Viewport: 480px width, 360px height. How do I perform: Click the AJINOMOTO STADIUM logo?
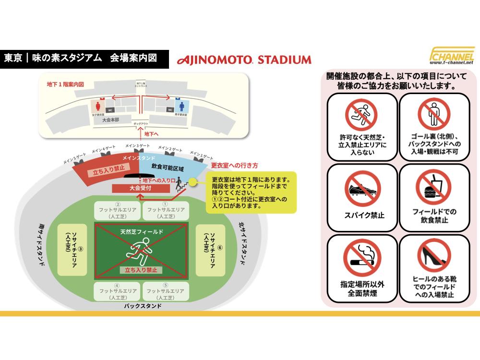tap(244, 60)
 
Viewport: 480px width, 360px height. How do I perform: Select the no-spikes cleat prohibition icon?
tap(362, 189)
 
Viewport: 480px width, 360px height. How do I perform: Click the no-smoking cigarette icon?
tap(362, 259)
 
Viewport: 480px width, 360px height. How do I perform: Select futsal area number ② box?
tap(117, 210)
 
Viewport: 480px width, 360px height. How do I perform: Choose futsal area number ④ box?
tap(117, 291)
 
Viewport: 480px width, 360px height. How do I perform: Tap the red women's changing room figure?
tap(99, 105)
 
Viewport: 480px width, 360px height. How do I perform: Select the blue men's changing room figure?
tap(182, 105)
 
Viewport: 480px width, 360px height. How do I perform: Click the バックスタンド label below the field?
tap(143, 306)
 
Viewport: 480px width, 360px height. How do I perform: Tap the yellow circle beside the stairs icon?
tap(192, 182)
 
